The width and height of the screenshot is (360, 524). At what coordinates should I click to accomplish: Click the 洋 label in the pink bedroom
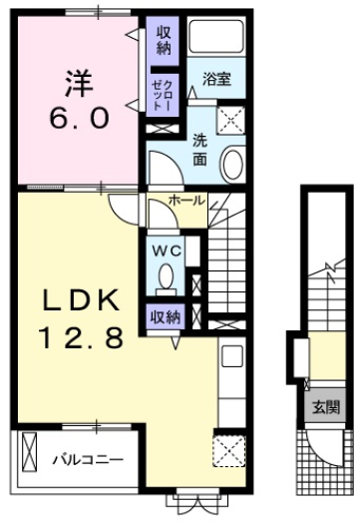(79, 84)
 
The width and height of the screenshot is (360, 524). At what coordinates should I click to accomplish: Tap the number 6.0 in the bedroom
(79, 119)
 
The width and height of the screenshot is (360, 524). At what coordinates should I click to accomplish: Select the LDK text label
(80, 300)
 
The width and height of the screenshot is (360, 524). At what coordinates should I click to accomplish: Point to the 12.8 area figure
(82, 337)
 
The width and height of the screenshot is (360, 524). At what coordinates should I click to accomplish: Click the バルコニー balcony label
(88, 460)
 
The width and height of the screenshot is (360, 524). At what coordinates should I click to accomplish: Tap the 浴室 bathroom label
(216, 79)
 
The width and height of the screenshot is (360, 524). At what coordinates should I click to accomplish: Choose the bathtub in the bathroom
(216, 36)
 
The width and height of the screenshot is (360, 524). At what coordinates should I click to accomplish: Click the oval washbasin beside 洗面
(232, 166)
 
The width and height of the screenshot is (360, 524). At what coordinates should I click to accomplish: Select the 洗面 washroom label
(199, 150)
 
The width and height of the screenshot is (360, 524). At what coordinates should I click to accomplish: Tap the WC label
(167, 251)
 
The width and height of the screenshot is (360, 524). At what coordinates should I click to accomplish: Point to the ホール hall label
(186, 201)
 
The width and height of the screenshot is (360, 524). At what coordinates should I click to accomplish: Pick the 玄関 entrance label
(326, 407)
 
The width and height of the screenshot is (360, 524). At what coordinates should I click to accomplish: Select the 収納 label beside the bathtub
(164, 41)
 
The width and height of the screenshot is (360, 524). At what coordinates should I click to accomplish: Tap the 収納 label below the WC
(166, 316)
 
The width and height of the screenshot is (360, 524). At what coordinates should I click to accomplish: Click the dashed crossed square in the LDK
(229, 451)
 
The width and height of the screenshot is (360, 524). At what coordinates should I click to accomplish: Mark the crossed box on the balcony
(29, 452)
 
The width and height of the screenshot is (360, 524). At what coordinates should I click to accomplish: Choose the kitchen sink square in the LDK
(232, 355)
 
